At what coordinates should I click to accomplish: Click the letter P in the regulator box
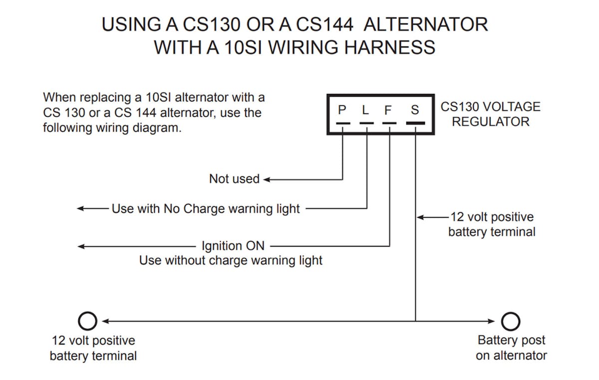coord(342,110)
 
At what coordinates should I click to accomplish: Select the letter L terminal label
coord(366,110)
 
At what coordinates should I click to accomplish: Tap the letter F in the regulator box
coord(388,110)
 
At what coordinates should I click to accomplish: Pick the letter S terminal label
coord(415,110)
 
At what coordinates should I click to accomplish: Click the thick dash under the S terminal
coord(415,123)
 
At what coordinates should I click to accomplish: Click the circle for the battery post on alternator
coord(511,321)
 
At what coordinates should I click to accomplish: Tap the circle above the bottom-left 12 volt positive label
coord(88,321)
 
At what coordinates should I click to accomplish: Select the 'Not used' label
coord(234,179)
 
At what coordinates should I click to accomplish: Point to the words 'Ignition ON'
coord(233,246)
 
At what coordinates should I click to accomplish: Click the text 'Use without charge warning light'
coord(231,260)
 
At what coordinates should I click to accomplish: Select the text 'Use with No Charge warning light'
coord(206,208)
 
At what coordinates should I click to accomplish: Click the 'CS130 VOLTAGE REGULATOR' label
coord(490,114)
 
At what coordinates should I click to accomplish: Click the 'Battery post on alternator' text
coord(511,348)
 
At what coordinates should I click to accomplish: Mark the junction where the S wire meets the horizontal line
coord(415,321)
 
